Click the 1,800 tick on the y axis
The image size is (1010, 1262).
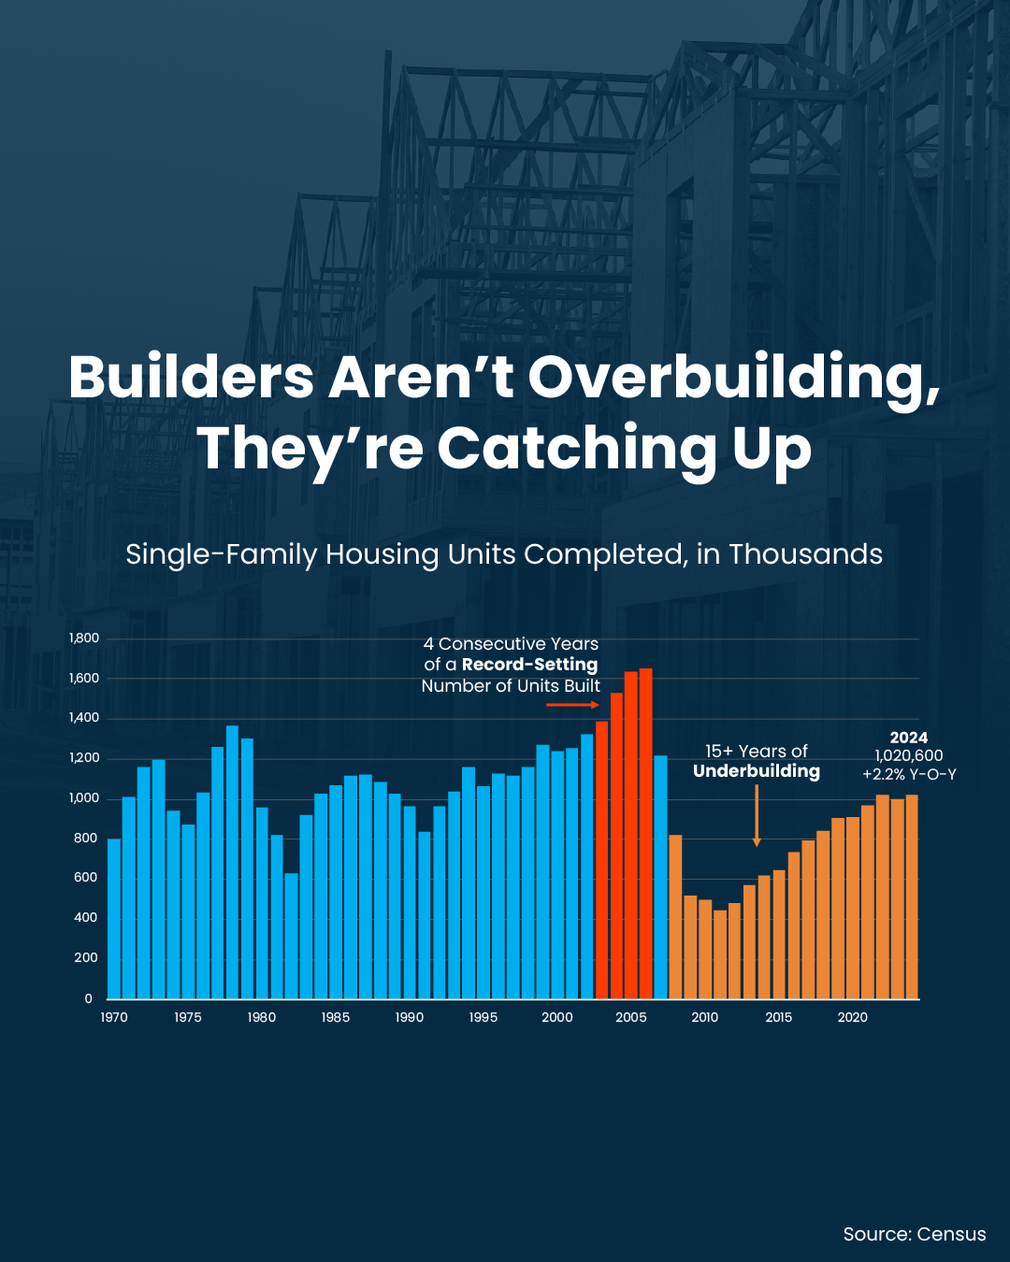83,638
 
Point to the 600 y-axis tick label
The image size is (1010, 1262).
85,878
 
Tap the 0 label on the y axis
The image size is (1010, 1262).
89,998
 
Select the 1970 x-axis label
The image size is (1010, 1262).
114,1017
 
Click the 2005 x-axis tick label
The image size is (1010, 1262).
631,1017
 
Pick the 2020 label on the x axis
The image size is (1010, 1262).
852,1017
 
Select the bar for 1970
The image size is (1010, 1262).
114,918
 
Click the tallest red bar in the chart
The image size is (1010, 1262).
645,833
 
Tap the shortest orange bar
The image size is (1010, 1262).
720,954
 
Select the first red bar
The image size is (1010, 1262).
601,859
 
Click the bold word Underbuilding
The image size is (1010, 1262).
756,771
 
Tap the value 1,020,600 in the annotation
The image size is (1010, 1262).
908,755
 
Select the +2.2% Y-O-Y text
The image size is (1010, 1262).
908,774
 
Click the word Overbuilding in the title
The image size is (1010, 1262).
733,378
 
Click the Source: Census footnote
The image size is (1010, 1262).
914,1234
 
